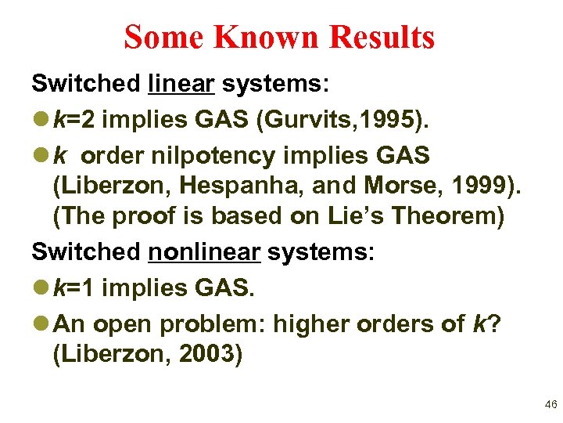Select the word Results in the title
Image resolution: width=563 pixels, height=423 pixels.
(x=382, y=37)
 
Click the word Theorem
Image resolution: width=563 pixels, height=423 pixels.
(x=442, y=216)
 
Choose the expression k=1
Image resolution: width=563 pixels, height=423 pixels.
(x=75, y=287)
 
